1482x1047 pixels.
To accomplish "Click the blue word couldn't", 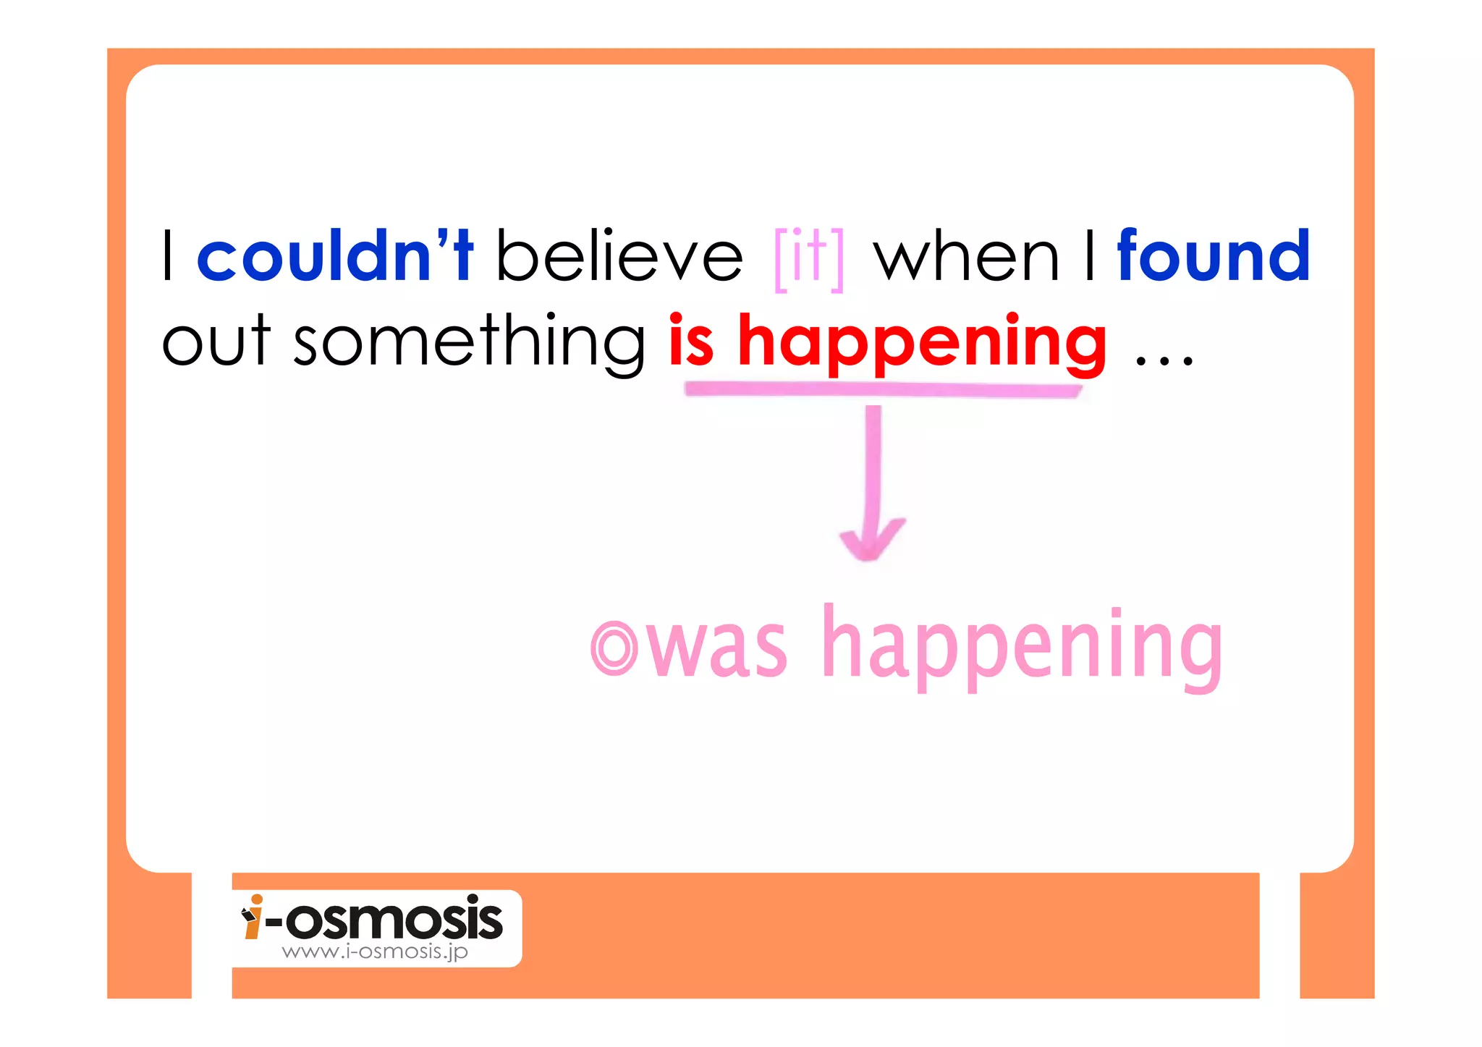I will click(x=334, y=256).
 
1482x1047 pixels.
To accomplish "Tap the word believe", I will click(x=619, y=256).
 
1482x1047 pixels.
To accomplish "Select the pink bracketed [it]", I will click(x=809, y=258).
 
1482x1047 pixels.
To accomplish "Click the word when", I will click(x=967, y=258).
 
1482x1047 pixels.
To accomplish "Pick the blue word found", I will click(x=1213, y=256).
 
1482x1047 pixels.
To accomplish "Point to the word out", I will click(x=216, y=342).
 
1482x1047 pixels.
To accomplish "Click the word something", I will click(x=469, y=342).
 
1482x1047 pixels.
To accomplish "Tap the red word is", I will click(x=691, y=342).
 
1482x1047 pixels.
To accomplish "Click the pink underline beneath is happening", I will click(x=882, y=390).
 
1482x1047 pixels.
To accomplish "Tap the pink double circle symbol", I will click(x=614, y=648).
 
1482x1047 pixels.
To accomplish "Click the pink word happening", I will click(x=1022, y=645).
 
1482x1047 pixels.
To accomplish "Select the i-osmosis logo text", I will click(x=384, y=919).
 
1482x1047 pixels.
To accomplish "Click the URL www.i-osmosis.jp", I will click(x=375, y=951).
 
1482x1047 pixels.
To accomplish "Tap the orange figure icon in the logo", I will click(x=252, y=917).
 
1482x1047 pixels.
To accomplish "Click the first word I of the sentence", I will click(x=168, y=256).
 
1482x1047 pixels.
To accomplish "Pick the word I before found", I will click(x=1090, y=256).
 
